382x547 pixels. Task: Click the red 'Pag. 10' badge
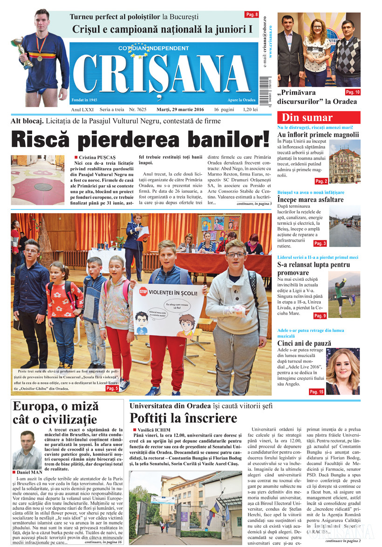point(353,92)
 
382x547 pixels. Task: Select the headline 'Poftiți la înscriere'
point(183,418)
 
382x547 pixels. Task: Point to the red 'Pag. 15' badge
point(316,392)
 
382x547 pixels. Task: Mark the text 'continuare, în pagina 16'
point(103,542)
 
